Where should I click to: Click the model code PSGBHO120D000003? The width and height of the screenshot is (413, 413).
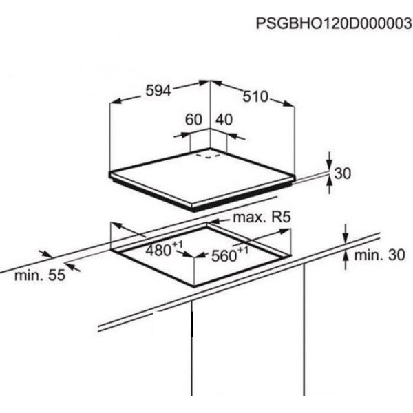click(333, 23)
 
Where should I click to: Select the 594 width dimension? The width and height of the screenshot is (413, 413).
click(158, 91)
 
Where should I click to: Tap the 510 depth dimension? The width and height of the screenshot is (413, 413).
click(255, 96)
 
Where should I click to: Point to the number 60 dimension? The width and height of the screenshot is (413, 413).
click(193, 120)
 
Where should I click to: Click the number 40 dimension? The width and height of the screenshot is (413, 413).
click(224, 120)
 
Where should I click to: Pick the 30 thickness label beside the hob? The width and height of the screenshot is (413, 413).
click(342, 173)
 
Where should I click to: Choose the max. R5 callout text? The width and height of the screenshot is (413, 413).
click(262, 218)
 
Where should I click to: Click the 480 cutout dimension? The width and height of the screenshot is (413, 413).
click(158, 251)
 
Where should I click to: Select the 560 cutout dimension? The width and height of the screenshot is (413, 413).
click(224, 256)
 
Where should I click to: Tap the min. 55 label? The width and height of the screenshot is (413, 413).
click(40, 275)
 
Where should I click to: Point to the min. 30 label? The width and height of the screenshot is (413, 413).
click(380, 255)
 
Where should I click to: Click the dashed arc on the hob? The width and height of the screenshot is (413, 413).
click(209, 156)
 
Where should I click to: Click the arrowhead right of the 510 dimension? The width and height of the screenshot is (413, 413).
click(288, 105)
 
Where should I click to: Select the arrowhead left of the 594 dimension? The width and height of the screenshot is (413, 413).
click(115, 101)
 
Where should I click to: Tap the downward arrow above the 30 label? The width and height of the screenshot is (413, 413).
click(329, 160)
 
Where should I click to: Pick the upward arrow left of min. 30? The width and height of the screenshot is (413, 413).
click(346, 260)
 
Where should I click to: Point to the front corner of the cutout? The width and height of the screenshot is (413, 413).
click(194, 286)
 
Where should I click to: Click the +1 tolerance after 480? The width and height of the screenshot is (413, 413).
click(178, 245)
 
